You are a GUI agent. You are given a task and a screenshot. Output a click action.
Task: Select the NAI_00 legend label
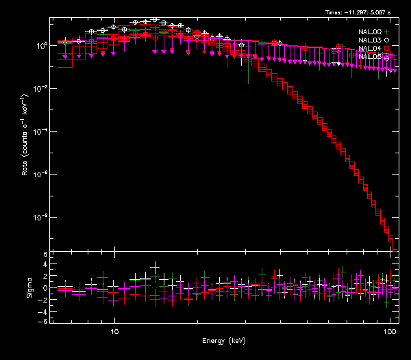tap(369, 31)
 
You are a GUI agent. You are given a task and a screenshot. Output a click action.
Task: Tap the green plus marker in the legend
tap(386, 31)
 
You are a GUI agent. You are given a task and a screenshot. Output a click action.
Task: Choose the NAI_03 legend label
tap(369, 40)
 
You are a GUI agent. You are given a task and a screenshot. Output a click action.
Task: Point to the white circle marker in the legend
tap(386, 40)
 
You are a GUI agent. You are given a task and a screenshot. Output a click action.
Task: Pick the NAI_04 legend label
tap(369, 49)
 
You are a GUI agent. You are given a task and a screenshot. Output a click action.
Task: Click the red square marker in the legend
tap(386, 49)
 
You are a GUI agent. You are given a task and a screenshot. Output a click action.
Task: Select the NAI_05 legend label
tap(369, 57)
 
